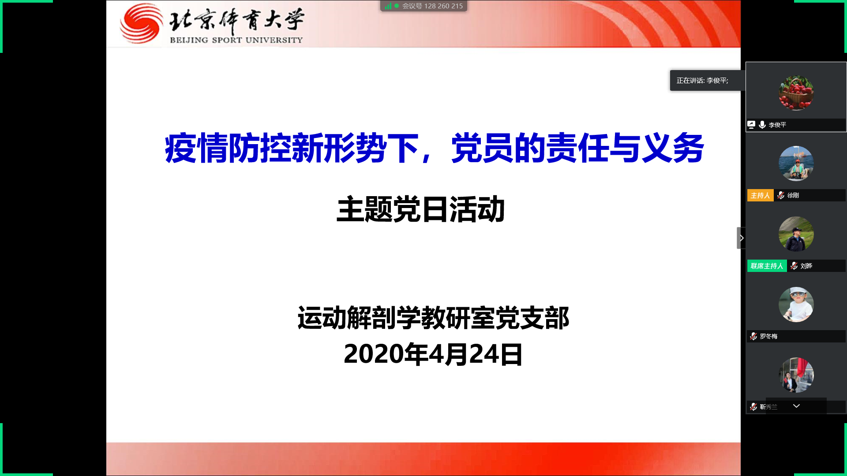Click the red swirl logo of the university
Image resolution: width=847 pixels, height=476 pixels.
141,24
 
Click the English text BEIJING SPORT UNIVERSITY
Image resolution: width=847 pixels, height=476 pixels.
236,40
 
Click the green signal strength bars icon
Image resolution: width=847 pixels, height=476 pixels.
388,6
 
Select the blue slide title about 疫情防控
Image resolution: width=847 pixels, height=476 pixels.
434,149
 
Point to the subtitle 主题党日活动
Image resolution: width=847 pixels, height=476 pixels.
420,209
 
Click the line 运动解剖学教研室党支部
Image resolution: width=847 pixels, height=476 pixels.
433,318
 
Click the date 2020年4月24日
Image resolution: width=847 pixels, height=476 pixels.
433,354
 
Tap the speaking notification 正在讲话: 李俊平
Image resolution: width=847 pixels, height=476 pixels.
702,81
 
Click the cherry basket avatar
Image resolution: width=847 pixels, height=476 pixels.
796,93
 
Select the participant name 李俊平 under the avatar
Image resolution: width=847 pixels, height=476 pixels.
777,125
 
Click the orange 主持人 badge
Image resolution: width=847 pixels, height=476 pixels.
760,195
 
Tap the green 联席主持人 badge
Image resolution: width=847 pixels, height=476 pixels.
767,266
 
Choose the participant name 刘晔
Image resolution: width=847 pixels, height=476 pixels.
806,266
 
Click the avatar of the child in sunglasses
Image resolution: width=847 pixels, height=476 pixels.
796,305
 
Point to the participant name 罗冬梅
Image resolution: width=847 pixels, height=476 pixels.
768,336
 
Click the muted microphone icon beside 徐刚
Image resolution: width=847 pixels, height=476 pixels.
781,195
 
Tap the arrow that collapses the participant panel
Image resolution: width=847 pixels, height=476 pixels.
742,238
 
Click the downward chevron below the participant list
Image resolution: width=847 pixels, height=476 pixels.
796,406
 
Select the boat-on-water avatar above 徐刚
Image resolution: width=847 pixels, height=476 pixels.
796,164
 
